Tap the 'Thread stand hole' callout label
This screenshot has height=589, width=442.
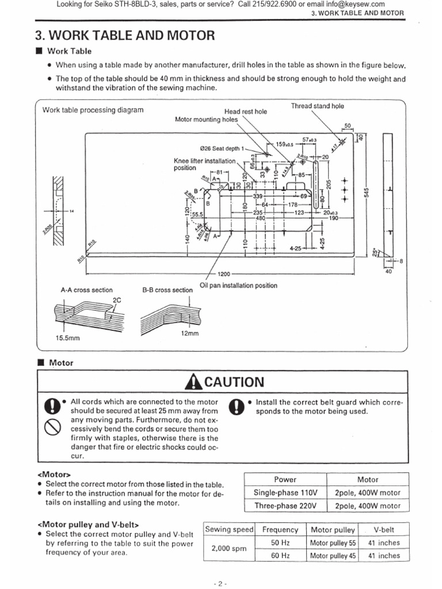tap(317, 106)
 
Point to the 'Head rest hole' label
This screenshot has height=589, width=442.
tap(246, 112)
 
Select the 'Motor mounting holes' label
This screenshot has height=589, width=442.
tap(205, 120)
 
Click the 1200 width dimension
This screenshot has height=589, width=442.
tap(224, 274)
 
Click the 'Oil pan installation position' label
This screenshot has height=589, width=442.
tap(238, 285)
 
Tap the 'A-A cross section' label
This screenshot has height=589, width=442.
tap(87, 290)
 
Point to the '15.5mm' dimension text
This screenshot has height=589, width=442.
tap(67, 338)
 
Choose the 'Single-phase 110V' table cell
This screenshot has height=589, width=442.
tap(285, 492)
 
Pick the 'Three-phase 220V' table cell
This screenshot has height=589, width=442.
tap(285, 506)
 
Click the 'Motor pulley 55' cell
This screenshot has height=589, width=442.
tap(333, 542)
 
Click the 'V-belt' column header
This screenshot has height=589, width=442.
tap(383, 530)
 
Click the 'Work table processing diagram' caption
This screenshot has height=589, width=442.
tap(93, 110)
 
